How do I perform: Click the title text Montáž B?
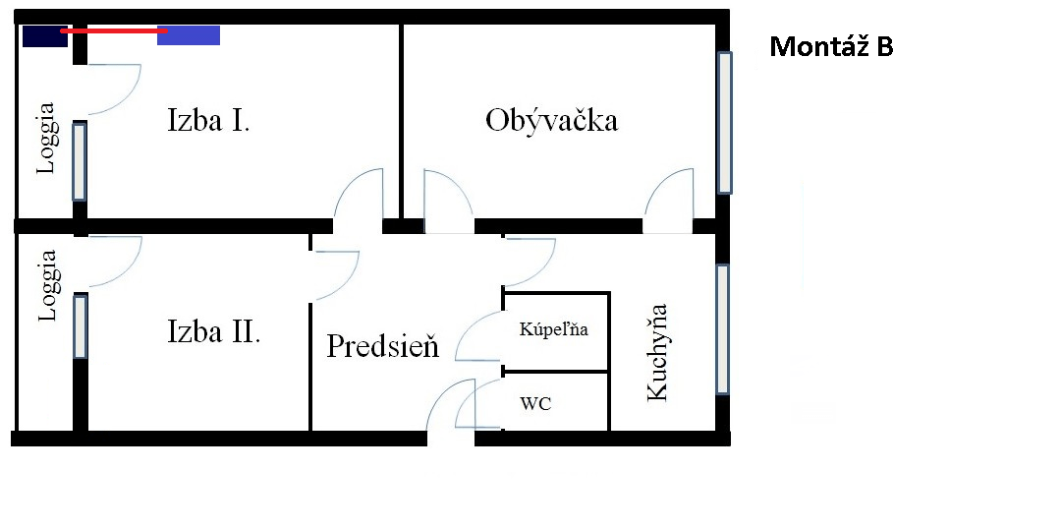click(832, 46)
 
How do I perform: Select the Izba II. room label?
click(213, 332)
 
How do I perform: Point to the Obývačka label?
click(551, 121)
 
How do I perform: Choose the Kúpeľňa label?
click(553, 329)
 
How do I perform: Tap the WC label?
click(535, 405)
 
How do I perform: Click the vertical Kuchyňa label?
click(656, 352)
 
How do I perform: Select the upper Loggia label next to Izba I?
click(46, 138)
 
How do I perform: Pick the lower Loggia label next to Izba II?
click(46, 285)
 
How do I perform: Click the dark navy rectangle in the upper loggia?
click(44, 35)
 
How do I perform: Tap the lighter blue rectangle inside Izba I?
click(189, 35)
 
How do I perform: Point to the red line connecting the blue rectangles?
click(114, 31)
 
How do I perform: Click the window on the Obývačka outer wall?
click(724, 123)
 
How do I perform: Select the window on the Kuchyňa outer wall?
click(723, 329)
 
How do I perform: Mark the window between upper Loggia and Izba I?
click(80, 162)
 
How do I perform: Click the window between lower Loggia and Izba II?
click(80, 326)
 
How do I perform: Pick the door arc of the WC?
click(479, 403)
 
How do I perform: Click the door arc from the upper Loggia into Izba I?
click(114, 89)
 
